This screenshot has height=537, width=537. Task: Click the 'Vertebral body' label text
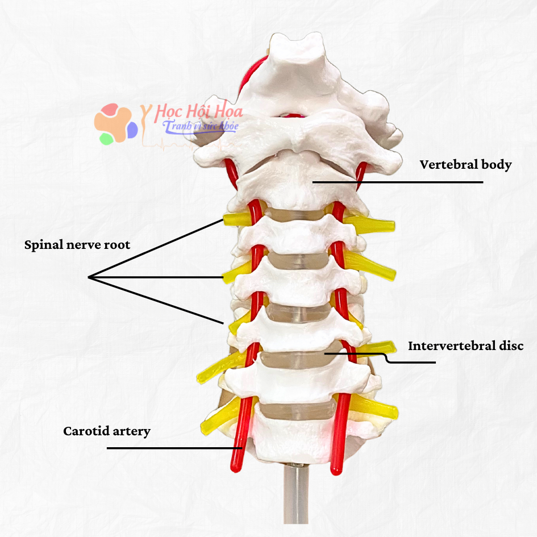[x=465, y=165]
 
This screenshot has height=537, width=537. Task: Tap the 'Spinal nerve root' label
[x=77, y=245]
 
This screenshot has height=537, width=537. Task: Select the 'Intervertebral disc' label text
[x=466, y=346]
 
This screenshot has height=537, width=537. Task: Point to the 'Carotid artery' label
[x=107, y=431]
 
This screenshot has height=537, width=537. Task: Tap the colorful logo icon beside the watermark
[x=116, y=124]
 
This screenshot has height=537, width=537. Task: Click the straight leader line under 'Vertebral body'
[x=398, y=182]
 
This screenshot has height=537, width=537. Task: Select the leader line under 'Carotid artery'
[x=174, y=448]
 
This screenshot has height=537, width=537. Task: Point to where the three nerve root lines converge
[x=89, y=277]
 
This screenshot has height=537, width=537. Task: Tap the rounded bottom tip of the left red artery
[x=235, y=468]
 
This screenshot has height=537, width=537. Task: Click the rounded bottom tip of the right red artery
[x=336, y=471]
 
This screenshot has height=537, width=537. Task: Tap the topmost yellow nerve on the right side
[x=369, y=224]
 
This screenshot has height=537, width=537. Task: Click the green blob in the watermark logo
[x=106, y=139]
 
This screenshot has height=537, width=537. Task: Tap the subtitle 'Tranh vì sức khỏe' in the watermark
[x=201, y=126]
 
